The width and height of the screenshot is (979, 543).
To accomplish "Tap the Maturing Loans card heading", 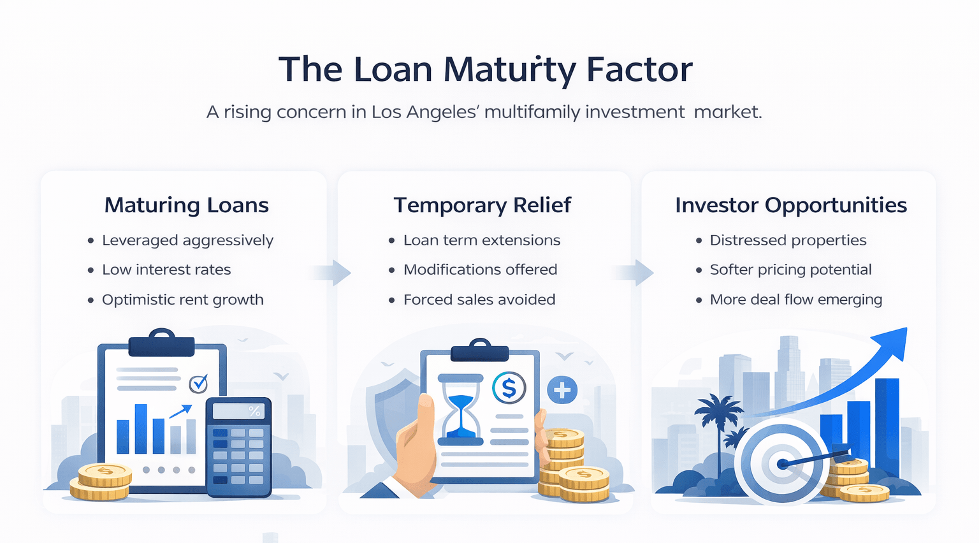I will (x=186, y=205).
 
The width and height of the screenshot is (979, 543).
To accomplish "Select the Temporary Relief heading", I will (x=482, y=205).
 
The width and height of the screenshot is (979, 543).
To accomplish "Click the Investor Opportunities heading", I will (x=790, y=205).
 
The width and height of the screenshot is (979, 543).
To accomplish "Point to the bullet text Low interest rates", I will (x=166, y=270).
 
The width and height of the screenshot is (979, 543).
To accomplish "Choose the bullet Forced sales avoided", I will (x=479, y=300).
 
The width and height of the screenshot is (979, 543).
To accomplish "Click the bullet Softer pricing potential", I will (x=790, y=270).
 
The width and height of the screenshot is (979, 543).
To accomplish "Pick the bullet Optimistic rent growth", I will (x=182, y=300).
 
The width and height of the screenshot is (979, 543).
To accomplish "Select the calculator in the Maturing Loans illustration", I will (x=238, y=447).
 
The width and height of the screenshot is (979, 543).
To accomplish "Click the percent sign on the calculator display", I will (x=254, y=412).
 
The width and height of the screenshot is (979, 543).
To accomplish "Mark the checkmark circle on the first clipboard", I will (x=199, y=384).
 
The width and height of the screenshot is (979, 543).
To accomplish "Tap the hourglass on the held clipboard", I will (x=461, y=409).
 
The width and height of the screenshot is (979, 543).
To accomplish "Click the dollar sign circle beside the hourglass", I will (x=509, y=387).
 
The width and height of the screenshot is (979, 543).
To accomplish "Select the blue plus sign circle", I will (x=562, y=390).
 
